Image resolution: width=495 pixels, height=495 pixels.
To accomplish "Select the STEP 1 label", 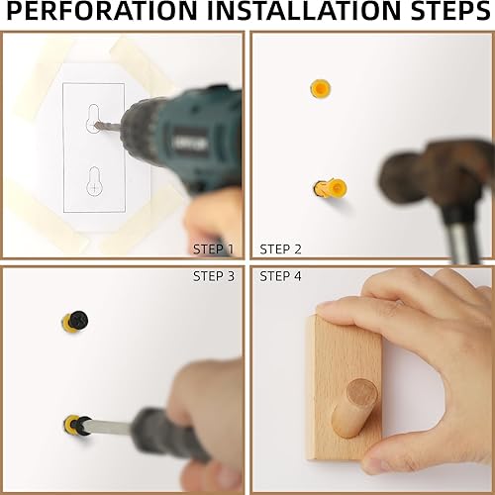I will (213, 248).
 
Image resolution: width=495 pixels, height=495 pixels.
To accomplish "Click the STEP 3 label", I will (213, 276).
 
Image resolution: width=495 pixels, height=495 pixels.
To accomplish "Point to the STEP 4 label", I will (280, 276).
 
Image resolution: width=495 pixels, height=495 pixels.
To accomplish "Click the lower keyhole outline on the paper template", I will (92, 184).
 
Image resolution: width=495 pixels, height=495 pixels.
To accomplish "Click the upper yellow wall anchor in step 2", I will (319, 89).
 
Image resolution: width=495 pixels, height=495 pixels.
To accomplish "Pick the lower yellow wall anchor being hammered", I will (332, 187).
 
